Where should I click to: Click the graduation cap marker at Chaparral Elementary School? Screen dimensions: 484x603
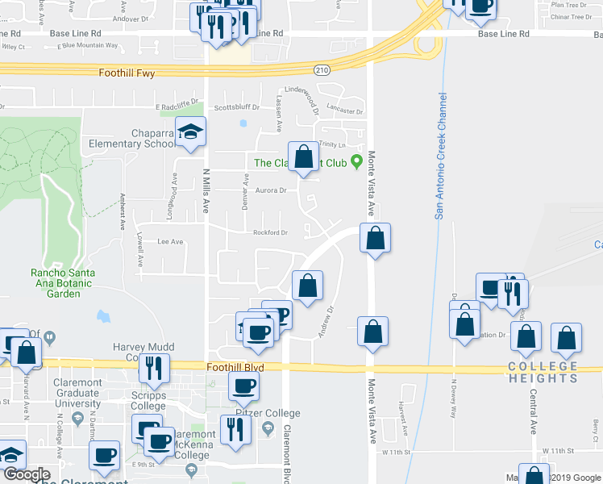coord(190,133)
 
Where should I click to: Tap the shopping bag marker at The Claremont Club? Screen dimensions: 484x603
coord(303,157)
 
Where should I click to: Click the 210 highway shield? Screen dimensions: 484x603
coord(322,71)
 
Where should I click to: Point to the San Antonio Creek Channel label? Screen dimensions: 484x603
coord(441,156)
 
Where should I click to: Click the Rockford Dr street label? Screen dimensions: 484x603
coord(270,233)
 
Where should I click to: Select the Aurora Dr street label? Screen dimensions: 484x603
coord(271,191)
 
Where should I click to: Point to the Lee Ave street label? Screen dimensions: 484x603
coord(170,241)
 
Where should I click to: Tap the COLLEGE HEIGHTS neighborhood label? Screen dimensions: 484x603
coord(543,372)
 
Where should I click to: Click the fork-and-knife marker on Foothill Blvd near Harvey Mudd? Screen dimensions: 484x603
coord(152,368)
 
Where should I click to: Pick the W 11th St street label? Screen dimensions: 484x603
coord(555,451)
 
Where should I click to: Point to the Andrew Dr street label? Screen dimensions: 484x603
coord(325,322)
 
